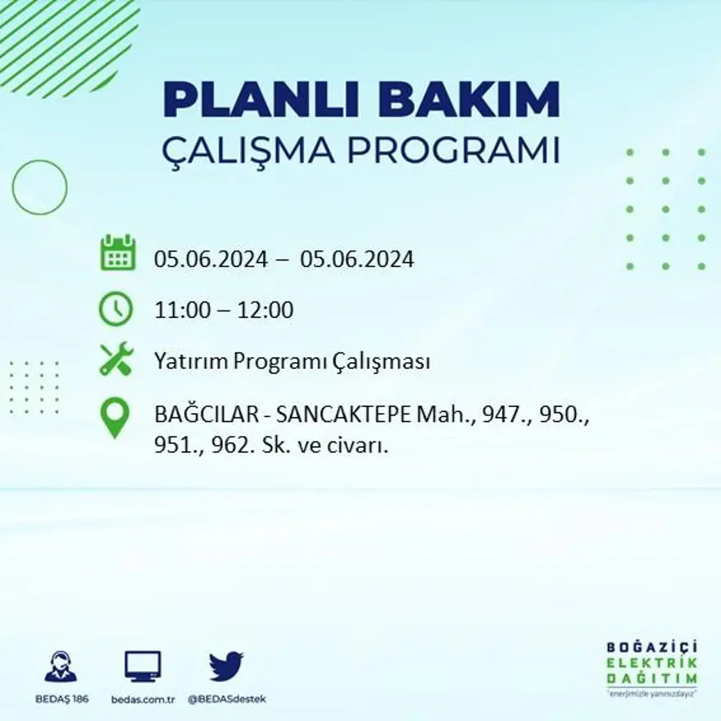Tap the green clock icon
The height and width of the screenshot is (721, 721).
(x=116, y=309)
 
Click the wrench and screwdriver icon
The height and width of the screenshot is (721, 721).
(x=116, y=360)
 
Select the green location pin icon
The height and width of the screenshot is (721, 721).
(x=115, y=416)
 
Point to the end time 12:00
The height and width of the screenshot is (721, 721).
(x=265, y=311)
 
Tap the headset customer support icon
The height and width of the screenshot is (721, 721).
(x=61, y=665)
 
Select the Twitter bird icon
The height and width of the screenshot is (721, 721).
(x=226, y=665)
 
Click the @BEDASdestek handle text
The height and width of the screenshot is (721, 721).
(x=227, y=699)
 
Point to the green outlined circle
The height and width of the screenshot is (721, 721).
(x=39, y=188)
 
